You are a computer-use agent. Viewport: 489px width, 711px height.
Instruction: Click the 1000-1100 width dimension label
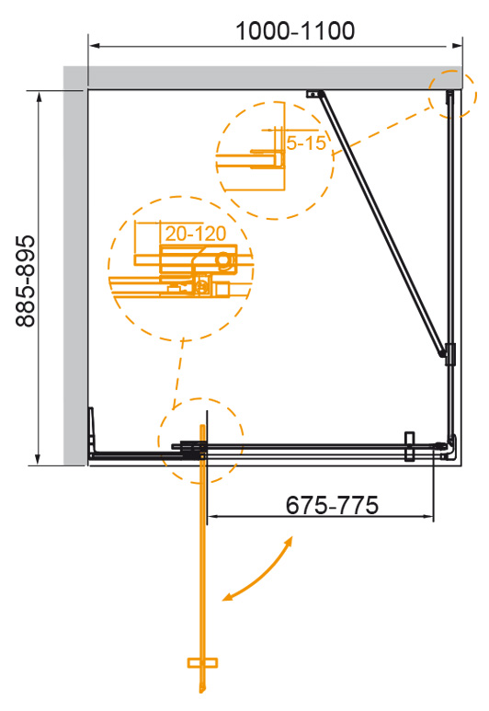click(x=294, y=30)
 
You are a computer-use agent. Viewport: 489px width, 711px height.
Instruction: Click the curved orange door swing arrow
click(x=258, y=571)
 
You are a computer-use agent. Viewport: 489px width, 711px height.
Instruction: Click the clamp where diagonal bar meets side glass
click(x=448, y=352)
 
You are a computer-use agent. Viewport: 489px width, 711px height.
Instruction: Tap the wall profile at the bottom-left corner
click(x=92, y=431)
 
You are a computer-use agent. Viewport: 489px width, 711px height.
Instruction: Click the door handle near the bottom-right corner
click(x=411, y=445)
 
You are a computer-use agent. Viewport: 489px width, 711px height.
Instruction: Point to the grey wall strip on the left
click(x=75, y=276)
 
